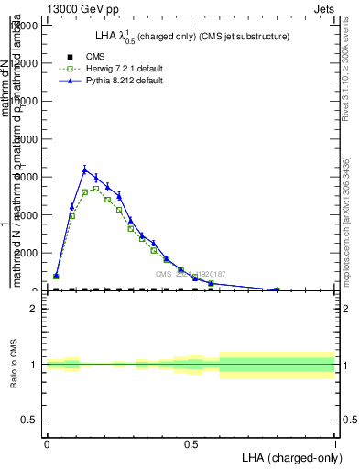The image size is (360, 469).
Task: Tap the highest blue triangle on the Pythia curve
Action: click(x=84, y=169)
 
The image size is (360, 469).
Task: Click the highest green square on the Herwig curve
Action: click(x=96, y=189)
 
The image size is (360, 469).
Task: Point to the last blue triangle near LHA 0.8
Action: click(x=277, y=289)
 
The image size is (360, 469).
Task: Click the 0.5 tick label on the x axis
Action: click(x=191, y=445)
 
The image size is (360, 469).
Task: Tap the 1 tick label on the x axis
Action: click(x=335, y=445)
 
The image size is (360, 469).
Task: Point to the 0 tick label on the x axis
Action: click(x=47, y=445)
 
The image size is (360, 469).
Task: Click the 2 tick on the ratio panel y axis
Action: click(x=34, y=309)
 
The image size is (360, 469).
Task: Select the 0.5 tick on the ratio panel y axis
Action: click(x=29, y=420)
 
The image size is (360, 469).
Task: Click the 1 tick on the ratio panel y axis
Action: click(x=34, y=365)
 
